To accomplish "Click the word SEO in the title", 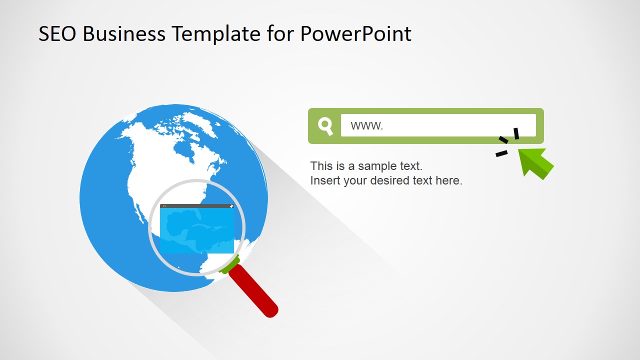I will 58,34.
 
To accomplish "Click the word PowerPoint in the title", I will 356,34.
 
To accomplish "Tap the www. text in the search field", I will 366,125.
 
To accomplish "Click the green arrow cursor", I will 534,162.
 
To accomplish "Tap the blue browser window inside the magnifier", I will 196,230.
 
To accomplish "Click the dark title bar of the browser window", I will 196,206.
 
